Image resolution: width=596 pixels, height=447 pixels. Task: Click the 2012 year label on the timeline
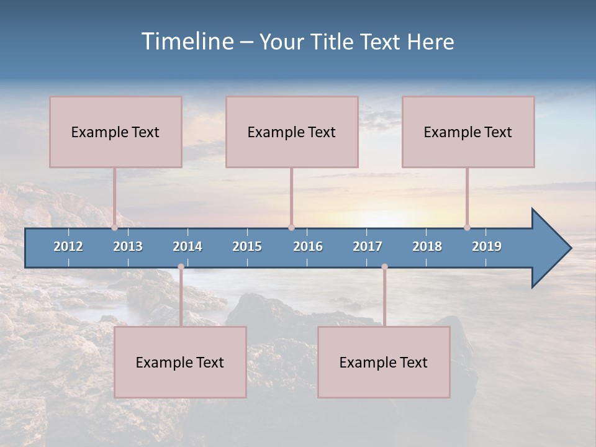(68, 246)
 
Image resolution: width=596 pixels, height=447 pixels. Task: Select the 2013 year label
(128, 246)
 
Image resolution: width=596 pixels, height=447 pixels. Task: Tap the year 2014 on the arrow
(187, 246)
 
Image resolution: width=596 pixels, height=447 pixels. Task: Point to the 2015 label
(247, 246)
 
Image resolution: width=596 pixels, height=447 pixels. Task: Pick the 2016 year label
(308, 246)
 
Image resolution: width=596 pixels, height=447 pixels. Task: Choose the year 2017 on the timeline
(368, 246)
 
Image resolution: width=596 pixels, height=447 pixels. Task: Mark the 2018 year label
(427, 246)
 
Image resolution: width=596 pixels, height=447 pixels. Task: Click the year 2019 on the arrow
(487, 246)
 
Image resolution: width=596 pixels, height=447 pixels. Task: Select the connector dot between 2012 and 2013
(115, 227)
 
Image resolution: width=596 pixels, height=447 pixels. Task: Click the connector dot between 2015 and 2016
(291, 227)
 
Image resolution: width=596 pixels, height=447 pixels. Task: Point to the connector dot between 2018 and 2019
(467, 227)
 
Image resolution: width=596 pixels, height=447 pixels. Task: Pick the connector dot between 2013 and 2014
(181, 267)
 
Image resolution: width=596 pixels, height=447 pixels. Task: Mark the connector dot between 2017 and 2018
(384, 267)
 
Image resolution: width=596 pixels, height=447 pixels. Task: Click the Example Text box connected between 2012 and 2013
(115, 132)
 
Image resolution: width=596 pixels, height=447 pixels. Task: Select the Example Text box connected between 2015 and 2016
(292, 132)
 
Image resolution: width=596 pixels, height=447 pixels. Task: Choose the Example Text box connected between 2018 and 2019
(468, 132)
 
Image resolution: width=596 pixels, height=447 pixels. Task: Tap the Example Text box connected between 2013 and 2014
(180, 362)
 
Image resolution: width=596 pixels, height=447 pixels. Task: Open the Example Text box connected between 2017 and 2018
(384, 362)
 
